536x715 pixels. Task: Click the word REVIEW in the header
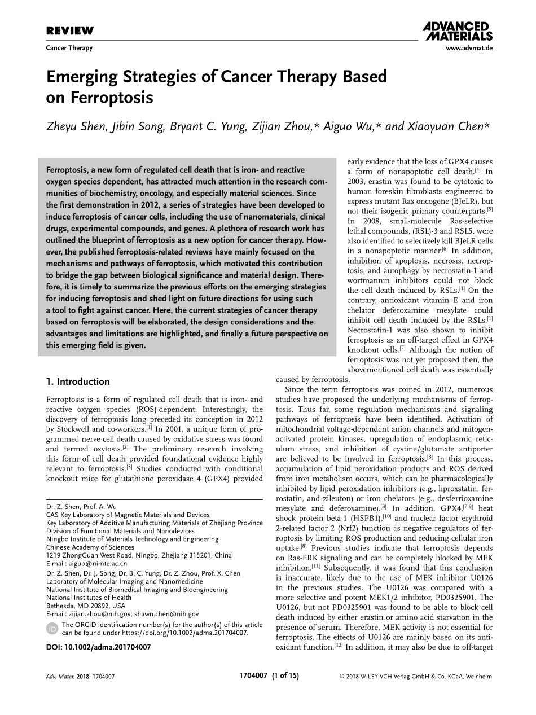tap(69, 31)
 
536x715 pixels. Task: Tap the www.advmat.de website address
tap(469, 49)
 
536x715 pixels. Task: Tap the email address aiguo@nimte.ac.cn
tap(98, 563)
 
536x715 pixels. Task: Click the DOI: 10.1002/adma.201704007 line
tap(98, 647)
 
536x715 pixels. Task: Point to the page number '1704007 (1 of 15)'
tap(269, 675)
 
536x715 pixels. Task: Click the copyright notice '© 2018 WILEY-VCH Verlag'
tap(415, 676)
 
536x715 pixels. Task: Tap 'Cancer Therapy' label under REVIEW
tap(69, 48)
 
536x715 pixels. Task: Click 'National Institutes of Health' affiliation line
tap(89, 598)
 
